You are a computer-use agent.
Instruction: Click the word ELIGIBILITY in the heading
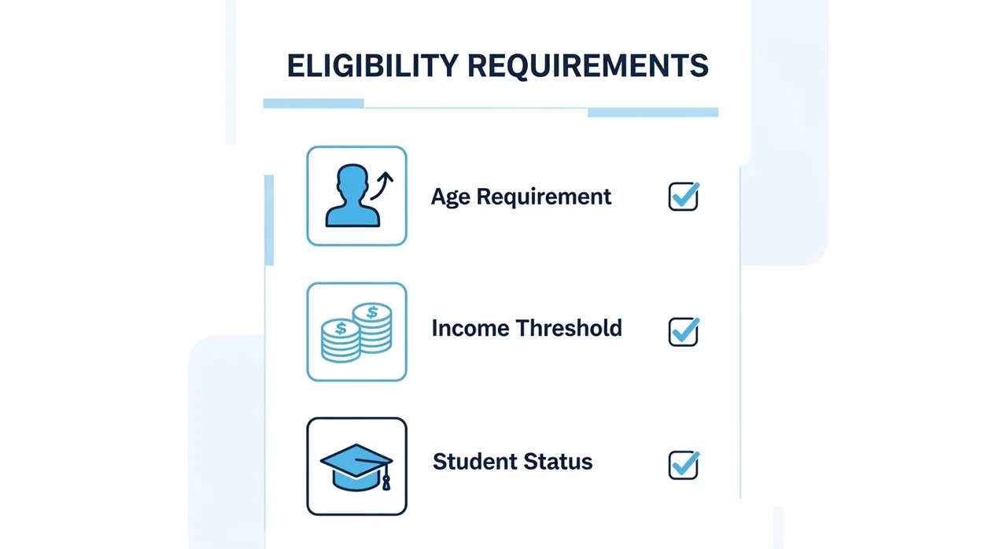(373, 65)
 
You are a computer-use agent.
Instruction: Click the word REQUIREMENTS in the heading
(588, 66)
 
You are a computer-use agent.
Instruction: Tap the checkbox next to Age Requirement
(684, 197)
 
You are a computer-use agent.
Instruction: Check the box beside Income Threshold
(684, 332)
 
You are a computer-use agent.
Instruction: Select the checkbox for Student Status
(684, 465)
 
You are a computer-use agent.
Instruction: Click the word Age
(451, 197)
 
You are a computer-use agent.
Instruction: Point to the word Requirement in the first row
(544, 197)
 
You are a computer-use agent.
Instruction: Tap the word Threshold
(569, 328)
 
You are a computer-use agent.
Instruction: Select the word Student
(474, 462)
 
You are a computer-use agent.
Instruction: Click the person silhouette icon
(353, 195)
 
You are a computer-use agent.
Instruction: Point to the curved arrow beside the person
(382, 186)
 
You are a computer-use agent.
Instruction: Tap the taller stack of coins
(373, 327)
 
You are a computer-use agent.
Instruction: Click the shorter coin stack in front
(341, 341)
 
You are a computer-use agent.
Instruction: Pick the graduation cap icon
(356, 467)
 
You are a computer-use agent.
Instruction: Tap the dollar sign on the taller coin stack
(372, 311)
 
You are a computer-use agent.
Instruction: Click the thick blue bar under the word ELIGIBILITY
(313, 103)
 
